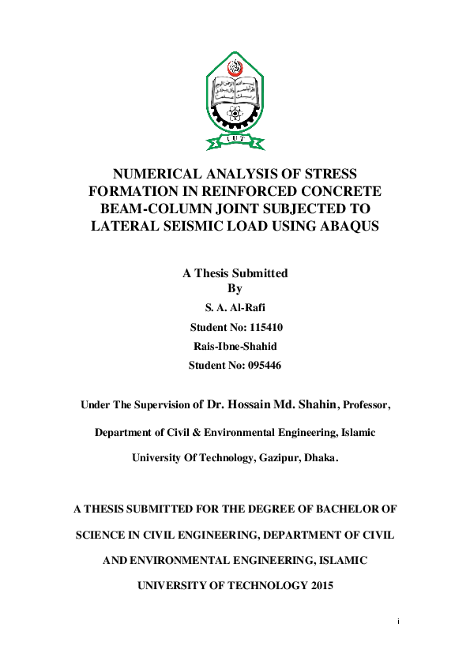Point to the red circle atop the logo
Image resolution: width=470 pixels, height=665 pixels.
coord(235,66)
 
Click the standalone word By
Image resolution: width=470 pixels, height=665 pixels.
coord(235,288)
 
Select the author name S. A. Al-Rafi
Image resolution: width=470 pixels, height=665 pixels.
coord(235,307)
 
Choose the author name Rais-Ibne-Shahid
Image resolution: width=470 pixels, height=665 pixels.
coord(235,346)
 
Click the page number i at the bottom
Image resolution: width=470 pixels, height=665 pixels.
coord(399,622)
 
